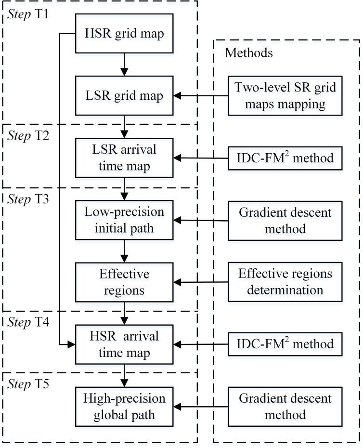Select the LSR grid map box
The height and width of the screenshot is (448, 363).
[125, 96]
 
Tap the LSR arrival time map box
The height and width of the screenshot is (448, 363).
[125, 158]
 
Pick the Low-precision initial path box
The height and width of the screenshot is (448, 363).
[125, 220]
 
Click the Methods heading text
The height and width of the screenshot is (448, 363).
[249, 53]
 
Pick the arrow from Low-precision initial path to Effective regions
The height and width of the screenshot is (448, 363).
[125, 251]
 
